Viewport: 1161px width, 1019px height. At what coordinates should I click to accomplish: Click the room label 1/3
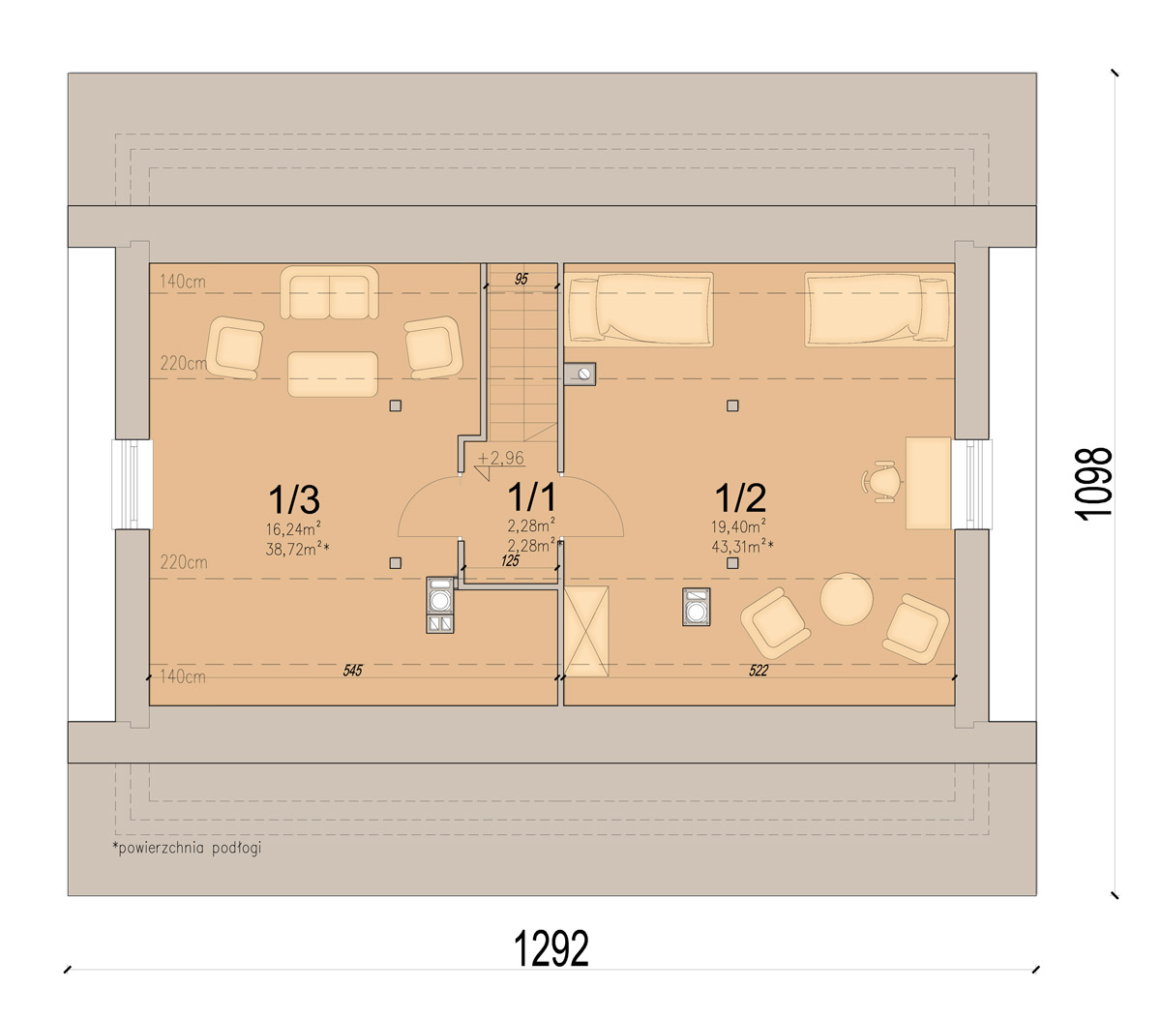294,498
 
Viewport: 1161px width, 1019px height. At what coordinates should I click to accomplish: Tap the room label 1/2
740,497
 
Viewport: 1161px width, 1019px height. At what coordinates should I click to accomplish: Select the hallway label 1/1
532,496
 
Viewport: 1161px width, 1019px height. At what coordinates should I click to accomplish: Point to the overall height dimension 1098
1094,484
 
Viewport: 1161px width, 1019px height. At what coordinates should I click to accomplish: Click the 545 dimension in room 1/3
352,670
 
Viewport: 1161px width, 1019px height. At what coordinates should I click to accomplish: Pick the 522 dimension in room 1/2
759,670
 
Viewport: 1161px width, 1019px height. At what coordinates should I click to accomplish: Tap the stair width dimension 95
521,279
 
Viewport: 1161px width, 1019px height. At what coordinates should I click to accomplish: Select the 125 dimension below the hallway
510,560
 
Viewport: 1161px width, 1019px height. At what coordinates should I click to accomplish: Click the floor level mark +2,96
501,458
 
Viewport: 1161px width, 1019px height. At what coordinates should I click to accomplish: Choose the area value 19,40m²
738,526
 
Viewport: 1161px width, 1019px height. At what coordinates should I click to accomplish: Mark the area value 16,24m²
293,527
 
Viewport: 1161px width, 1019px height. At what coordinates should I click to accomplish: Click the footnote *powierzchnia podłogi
187,848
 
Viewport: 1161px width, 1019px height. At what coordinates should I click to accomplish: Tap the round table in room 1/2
847,599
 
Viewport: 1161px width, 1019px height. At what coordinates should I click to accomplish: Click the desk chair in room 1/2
880,481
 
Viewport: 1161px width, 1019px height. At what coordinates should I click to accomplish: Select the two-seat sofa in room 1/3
329,292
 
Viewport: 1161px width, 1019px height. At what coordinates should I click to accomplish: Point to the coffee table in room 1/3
333,375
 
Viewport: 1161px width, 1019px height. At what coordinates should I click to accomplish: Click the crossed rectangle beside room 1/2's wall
585,631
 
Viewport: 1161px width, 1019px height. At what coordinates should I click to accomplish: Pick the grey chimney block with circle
580,374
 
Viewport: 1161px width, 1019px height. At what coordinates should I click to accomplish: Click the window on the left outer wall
133,484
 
